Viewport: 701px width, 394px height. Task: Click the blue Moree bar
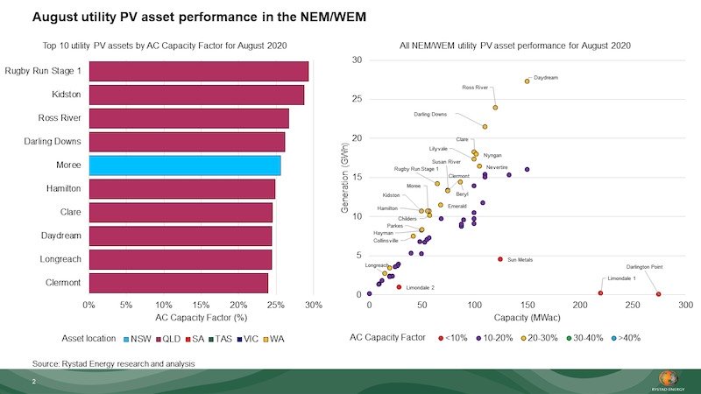pos(185,165)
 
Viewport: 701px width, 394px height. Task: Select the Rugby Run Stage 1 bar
pos(198,71)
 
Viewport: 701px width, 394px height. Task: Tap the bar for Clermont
pos(178,283)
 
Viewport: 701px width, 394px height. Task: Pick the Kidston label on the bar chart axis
pos(65,95)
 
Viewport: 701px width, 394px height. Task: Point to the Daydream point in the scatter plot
pos(528,81)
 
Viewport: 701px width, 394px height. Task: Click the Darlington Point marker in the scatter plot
pos(658,294)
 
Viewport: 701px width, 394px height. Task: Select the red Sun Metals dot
pos(500,259)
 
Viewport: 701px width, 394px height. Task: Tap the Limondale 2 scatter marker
pos(399,287)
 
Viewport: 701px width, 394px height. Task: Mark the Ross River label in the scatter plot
pos(475,88)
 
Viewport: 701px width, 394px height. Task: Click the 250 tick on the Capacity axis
pos(633,305)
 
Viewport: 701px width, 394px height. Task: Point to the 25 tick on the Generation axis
pos(357,99)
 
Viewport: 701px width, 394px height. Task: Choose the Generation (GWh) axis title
pos(345,177)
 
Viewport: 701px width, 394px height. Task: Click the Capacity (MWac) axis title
pos(527,316)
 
